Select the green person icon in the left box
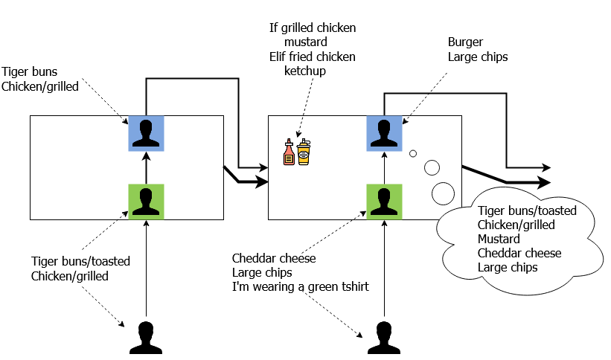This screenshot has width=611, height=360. [x=147, y=202]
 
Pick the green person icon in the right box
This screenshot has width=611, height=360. [x=385, y=202]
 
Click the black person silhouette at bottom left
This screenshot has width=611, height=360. [x=147, y=338]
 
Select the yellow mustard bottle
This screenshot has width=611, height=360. [x=304, y=152]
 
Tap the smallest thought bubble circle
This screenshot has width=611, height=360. [x=412, y=154]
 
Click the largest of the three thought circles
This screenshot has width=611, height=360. [x=443, y=193]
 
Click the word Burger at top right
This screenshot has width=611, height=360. [x=466, y=42]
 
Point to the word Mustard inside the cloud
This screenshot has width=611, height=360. [x=499, y=240]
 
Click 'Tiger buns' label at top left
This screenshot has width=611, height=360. [x=30, y=72]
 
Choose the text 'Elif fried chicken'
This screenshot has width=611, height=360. [x=313, y=57]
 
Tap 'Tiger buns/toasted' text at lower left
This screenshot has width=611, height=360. [x=80, y=262]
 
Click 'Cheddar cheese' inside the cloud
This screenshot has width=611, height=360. [x=519, y=254]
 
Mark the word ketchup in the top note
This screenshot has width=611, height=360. [x=305, y=71]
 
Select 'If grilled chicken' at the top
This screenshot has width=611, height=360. [x=313, y=28]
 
